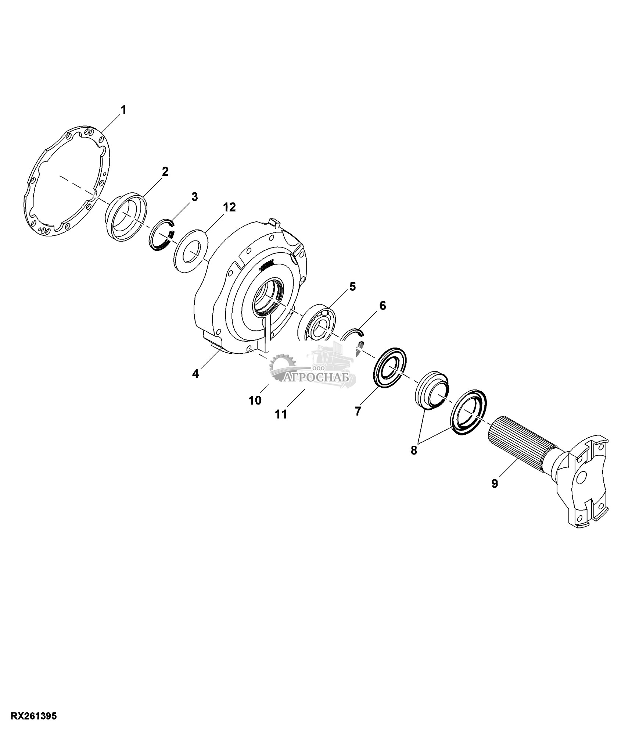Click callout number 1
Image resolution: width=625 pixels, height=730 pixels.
[x=123, y=110]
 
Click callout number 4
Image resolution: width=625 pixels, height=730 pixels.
[x=195, y=374]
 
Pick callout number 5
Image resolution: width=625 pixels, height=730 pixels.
[x=352, y=286]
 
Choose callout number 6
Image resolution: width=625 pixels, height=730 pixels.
[x=382, y=306]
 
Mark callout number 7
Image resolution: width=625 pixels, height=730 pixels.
[x=358, y=411]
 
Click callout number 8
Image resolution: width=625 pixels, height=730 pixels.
[x=414, y=451]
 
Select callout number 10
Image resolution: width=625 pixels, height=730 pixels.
[x=255, y=400]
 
